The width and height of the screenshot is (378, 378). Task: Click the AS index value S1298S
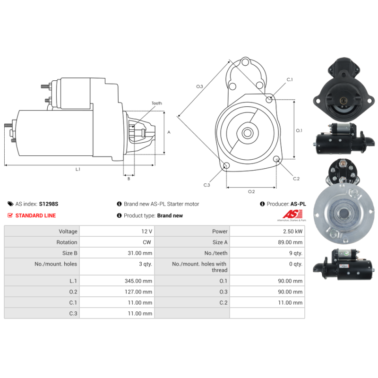(x=49, y=204)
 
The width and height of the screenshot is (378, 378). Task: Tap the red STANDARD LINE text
(x=35, y=215)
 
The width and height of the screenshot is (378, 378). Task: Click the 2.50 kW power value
(x=292, y=232)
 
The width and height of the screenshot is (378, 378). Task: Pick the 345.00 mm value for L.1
(x=138, y=281)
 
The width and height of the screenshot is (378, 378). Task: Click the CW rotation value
(x=147, y=242)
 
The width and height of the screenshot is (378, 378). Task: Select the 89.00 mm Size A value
(x=290, y=242)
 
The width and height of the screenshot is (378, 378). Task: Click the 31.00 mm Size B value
(x=140, y=253)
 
